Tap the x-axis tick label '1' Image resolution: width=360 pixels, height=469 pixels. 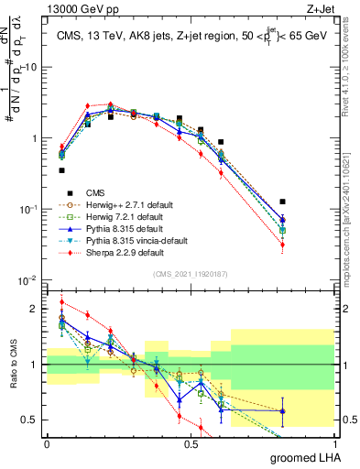point(333,443)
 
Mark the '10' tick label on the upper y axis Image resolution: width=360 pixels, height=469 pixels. point(30,68)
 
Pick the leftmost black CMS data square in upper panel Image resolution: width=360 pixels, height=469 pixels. point(62,170)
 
